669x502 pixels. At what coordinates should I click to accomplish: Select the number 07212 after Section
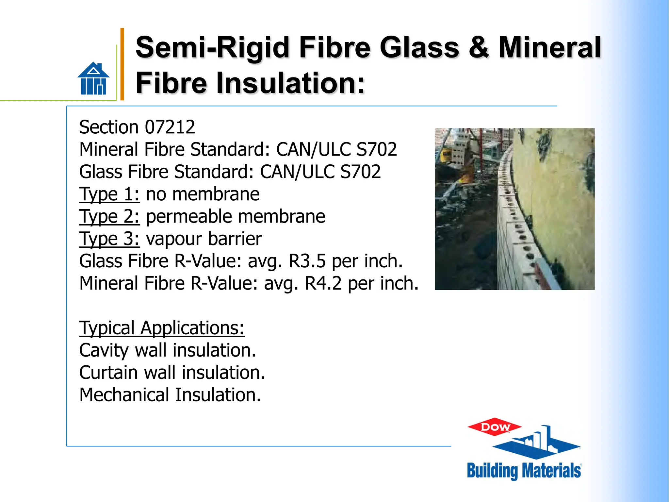pyautogui.click(x=170, y=127)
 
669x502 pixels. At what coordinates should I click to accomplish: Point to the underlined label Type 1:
pyautogui.click(x=109, y=194)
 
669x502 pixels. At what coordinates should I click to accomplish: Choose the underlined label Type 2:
pyautogui.click(x=109, y=216)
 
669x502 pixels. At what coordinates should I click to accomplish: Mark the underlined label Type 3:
pyautogui.click(x=109, y=239)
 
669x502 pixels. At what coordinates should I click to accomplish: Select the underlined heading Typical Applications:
pyautogui.click(x=162, y=328)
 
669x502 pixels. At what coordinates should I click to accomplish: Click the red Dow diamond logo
pyautogui.click(x=495, y=427)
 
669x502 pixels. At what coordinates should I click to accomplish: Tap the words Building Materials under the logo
pyautogui.click(x=524, y=471)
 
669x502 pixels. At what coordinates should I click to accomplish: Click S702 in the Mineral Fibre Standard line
pyautogui.click(x=377, y=149)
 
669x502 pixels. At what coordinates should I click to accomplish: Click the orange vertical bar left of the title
pyautogui.click(x=122, y=64)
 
